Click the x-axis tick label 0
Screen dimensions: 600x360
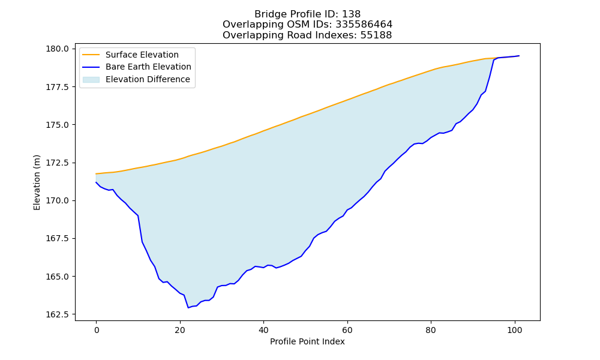pyautogui.click(x=96, y=330)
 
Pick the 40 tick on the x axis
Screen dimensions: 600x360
pyautogui.click(x=263, y=330)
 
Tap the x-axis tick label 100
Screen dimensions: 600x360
pyautogui.click(x=515, y=330)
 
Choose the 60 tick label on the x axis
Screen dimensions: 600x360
pyautogui.click(x=347, y=330)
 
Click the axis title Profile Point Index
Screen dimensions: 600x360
pyautogui.click(x=307, y=341)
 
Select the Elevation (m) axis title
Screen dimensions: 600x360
pyautogui.click(x=37, y=182)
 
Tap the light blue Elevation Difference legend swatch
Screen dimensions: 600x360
pyautogui.click(x=91, y=80)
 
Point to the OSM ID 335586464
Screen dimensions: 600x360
pyautogui.click(x=364, y=25)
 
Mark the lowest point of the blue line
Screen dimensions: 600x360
pyautogui.click(x=188, y=308)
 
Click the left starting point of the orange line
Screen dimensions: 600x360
pyautogui.click(x=96, y=173)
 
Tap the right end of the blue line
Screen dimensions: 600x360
pyautogui.click(x=519, y=56)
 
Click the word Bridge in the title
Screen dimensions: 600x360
pyautogui.click(x=271, y=14)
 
